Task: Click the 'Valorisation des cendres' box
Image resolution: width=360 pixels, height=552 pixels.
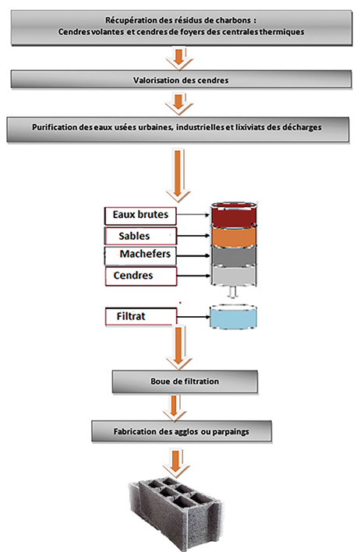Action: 181,79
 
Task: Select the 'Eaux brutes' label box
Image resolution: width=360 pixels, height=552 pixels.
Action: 140,216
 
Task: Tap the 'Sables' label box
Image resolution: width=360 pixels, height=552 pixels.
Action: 140,236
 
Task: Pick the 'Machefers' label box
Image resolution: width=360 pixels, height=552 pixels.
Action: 140,255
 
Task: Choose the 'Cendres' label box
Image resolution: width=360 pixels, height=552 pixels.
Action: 140,276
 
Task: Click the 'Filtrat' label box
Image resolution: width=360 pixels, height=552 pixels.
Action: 140,316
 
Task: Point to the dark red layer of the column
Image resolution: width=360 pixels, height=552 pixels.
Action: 234,216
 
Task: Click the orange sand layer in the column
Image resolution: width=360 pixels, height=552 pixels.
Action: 234,236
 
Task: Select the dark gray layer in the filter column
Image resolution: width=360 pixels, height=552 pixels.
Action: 234,255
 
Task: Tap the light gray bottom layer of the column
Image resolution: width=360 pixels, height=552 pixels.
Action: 234,276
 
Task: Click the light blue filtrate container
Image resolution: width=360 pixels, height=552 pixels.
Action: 233,317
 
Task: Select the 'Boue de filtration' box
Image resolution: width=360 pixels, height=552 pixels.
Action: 185,381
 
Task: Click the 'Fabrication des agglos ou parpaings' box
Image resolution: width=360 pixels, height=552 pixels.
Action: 182,431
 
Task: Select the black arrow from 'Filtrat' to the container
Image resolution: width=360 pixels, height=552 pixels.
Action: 193,317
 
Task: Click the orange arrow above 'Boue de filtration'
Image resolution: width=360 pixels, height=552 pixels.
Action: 178,346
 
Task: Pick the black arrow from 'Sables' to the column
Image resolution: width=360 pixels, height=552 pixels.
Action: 193,236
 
